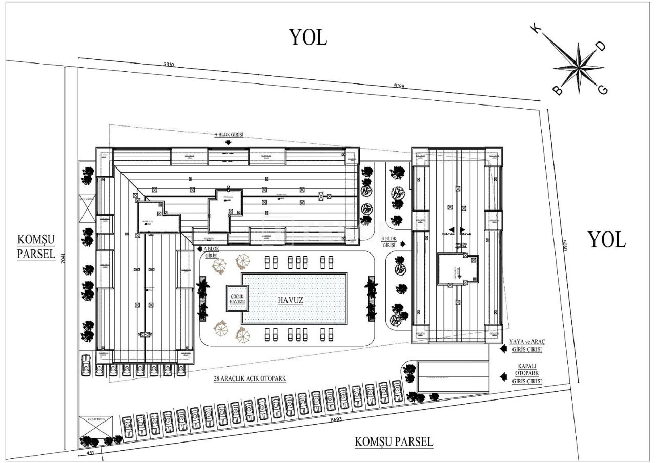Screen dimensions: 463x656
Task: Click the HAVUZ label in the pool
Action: tap(291, 301)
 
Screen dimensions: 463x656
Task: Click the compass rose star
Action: tap(579, 67)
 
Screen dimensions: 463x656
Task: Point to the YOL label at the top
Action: tap(308, 37)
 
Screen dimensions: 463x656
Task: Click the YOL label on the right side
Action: tap(606, 240)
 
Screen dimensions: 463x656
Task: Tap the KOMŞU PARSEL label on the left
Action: tap(36, 247)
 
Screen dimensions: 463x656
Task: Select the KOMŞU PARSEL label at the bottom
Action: tap(394, 441)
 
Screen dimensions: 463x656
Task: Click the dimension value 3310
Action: tap(169, 65)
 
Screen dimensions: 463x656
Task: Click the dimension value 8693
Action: tap(336, 419)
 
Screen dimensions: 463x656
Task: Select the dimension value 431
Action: tap(90, 453)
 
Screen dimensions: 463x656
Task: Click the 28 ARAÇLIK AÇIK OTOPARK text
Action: tap(250, 379)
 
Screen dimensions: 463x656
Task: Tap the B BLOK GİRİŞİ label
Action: tap(390, 242)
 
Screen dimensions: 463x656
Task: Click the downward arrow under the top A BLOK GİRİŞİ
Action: tap(228, 143)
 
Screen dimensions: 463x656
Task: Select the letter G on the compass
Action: tap(603, 90)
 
